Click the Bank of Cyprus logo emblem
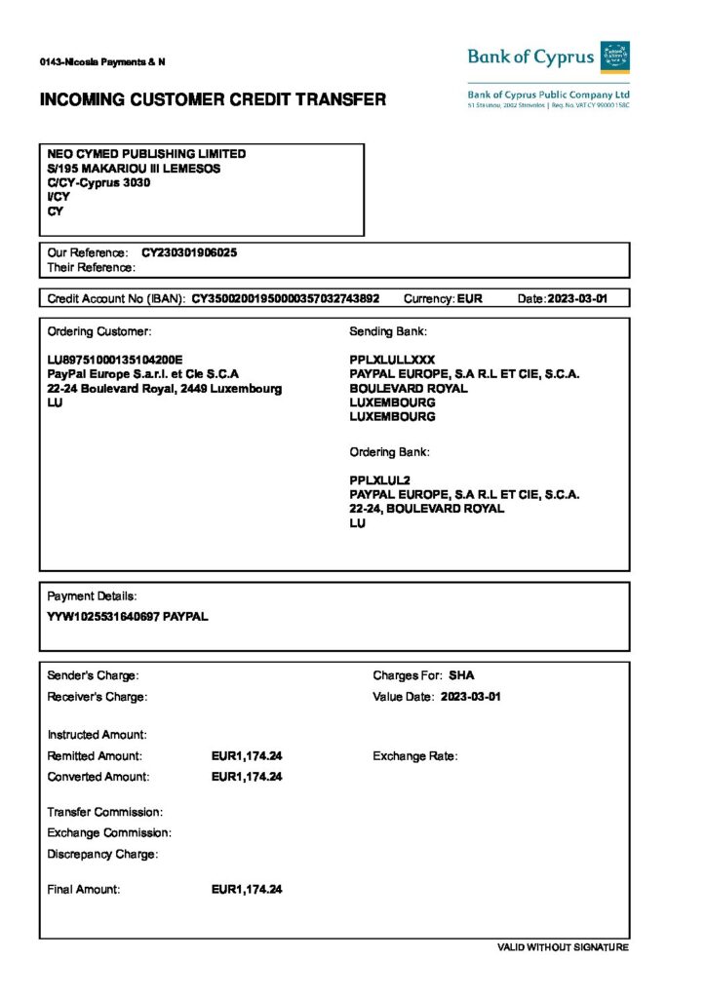(x=614, y=57)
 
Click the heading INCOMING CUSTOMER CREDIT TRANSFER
(x=213, y=99)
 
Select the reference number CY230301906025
(x=189, y=252)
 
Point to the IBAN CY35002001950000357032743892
(x=286, y=298)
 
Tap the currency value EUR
(x=469, y=298)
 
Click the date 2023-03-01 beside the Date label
(x=577, y=298)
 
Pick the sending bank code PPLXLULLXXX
(x=392, y=360)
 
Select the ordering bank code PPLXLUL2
(x=380, y=480)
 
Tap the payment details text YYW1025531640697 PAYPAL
(x=128, y=616)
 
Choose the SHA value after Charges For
(x=461, y=675)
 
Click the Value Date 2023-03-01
(x=471, y=697)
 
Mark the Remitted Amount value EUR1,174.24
(x=247, y=756)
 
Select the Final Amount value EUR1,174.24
(x=247, y=890)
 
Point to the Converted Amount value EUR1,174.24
(x=247, y=777)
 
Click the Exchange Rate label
(x=414, y=756)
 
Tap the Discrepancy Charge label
(x=102, y=855)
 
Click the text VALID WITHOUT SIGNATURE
(x=563, y=947)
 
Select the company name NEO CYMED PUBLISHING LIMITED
(x=146, y=154)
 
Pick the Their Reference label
(x=91, y=267)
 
